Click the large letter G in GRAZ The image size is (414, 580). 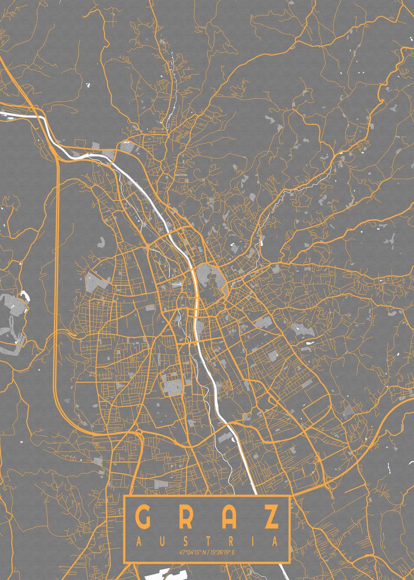tap(143, 518)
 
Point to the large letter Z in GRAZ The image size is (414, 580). tap(271, 518)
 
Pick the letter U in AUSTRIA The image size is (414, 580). tap(162, 540)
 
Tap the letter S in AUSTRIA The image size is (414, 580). tap(185, 540)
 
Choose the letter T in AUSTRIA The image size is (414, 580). tap(208, 540)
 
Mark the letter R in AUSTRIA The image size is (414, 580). tap(230, 540)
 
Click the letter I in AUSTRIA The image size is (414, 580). tap(253, 540)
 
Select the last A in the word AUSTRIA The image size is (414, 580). tap(275, 540)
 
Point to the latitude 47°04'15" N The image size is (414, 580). tap(190, 552)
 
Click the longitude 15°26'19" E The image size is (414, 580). tap(223, 552)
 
